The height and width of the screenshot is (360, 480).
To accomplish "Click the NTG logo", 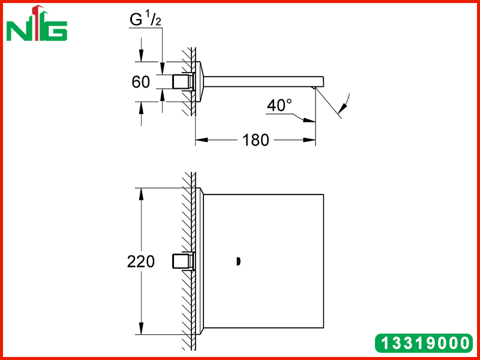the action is (37, 23).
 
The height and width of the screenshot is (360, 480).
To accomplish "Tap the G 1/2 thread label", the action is (145, 20).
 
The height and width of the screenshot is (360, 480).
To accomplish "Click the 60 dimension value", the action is (141, 82).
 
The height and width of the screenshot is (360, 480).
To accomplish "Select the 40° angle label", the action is (279, 106).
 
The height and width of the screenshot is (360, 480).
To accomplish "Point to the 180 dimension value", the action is (256, 140).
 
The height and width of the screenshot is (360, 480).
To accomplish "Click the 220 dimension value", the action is (141, 262).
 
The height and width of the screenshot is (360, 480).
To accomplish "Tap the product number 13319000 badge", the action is (424, 343).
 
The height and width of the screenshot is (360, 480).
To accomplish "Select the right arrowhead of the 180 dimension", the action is (309, 140).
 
